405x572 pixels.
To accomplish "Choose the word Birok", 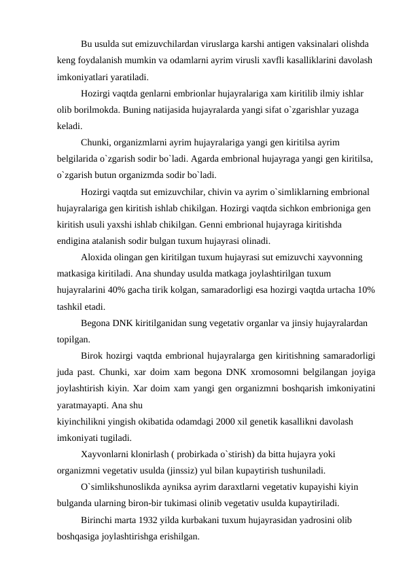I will [x=93, y=356].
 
